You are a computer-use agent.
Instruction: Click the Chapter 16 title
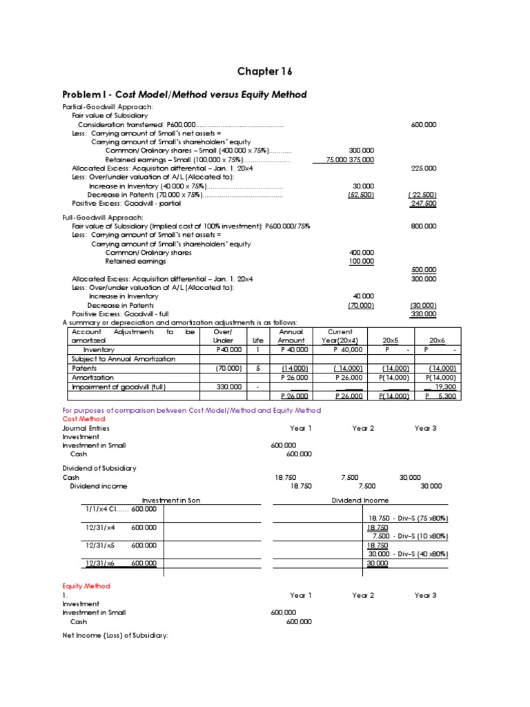coord(259,71)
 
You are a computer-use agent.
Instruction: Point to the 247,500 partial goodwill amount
coord(423,204)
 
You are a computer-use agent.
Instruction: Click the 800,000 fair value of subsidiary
coord(423,226)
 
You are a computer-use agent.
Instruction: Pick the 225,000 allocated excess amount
coord(423,168)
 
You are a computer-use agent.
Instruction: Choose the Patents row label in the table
coord(85,368)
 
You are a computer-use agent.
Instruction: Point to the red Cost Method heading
coord(84,419)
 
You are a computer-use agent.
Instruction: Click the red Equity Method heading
coord(86,585)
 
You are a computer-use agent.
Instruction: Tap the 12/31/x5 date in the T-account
coord(101,545)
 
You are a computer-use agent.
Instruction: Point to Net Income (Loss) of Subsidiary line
coord(115,635)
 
